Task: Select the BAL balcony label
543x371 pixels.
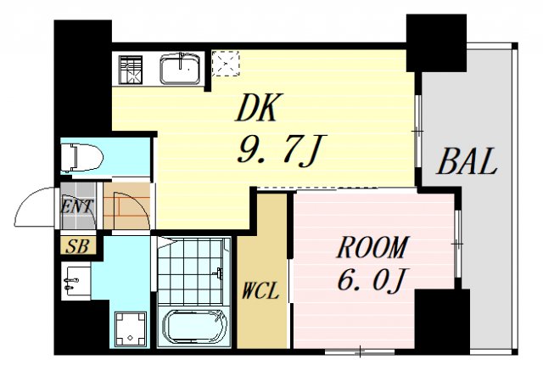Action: coord(466,160)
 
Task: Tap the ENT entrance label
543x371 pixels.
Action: coord(76,206)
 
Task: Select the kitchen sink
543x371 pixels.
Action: coord(179,69)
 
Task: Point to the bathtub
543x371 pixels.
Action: coord(195,326)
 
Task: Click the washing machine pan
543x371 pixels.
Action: coord(131,328)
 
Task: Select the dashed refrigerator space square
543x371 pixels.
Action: coord(226,63)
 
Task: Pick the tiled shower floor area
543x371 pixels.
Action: coord(193,271)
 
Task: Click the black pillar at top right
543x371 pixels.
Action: coord(435,43)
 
